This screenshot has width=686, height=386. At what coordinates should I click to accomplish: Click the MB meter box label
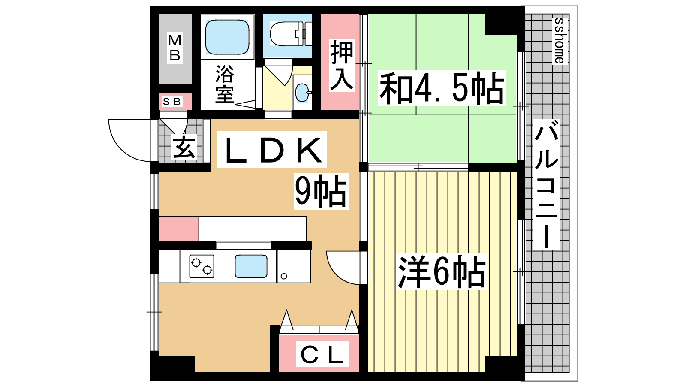click(175, 48)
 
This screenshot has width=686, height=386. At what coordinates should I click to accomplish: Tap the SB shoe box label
click(172, 101)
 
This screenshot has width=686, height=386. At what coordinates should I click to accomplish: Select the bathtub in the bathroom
click(227, 37)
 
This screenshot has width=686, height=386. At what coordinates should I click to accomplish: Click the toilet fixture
click(291, 34)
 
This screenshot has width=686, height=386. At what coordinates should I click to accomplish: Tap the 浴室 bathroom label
click(225, 84)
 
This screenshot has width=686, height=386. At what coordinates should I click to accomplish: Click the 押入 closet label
click(341, 65)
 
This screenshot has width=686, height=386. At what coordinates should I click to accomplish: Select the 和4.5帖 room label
click(442, 88)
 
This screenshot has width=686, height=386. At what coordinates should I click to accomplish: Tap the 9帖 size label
click(321, 191)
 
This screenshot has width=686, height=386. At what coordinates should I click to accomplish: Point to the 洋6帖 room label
click(441, 272)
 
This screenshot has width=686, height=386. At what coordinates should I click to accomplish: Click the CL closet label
click(322, 354)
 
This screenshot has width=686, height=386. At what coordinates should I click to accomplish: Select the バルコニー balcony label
click(546, 184)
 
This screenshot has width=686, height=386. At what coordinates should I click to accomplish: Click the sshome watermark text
click(560, 41)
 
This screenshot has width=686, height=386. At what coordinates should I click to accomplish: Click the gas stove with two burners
click(202, 266)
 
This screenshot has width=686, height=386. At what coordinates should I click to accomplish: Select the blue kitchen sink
click(251, 266)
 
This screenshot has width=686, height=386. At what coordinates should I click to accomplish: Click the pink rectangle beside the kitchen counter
click(178, 229)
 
